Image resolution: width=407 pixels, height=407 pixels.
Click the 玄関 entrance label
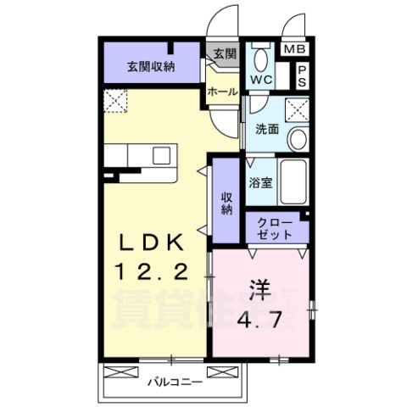pyautogui.click(x=223, y=54)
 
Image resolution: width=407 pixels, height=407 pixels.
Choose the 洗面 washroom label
pyautogui.click(x=267, y=130)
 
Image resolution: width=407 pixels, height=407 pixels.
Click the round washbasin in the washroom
pyautogui.click(x=297, y=139)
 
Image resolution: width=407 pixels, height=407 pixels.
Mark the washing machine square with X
pyautogui.click(x=297, y=109)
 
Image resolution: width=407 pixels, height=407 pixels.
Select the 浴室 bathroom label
pyautogui.click(x=259, y=181)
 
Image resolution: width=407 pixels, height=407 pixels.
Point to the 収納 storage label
pyautogui.click(x=226, y=203)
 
